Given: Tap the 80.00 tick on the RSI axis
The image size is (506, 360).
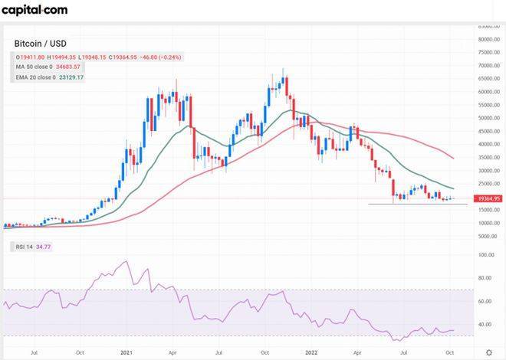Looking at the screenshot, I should (485, 279).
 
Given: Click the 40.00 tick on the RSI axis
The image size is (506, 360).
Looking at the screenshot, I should (485, 325).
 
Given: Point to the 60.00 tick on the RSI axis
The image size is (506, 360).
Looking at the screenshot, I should (485, 302).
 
